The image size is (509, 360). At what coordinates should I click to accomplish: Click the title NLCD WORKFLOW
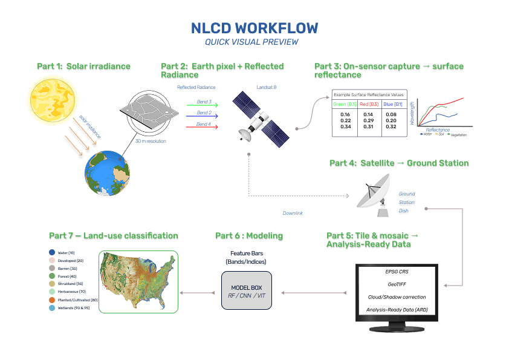coord(254,28)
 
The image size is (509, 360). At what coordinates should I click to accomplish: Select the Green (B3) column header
coord(345,105)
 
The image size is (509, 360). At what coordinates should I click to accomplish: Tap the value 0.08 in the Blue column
coord(391,114)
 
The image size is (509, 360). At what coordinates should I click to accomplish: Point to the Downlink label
coord(293,213)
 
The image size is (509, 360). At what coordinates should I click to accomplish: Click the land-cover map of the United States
coord(138,281)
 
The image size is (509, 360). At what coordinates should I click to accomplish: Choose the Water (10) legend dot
coord(53,252)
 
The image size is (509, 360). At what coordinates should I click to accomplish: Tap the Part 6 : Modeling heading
coord(248,235)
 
